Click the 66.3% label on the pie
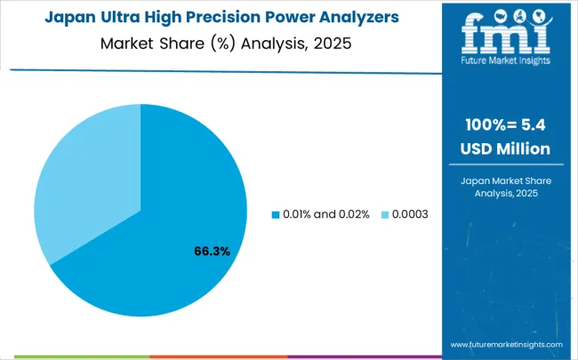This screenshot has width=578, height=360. click(212, 252)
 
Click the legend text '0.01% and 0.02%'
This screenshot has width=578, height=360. click(325, 214)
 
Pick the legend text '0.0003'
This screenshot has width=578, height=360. click(410, 214)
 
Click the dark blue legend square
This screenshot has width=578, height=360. click(275, 214)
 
